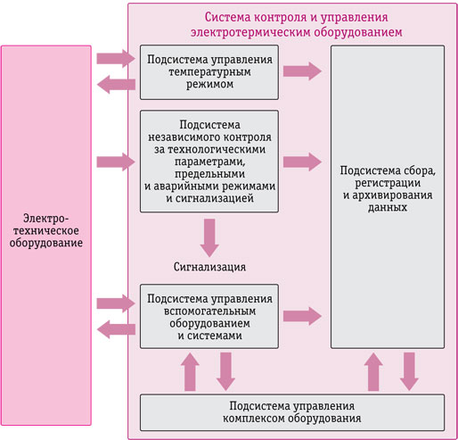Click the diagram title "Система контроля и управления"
[296, 17]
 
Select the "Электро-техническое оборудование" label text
[46, 230]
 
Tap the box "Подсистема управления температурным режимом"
[209, 72]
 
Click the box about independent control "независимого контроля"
[209, 162]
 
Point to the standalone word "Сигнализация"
[209, 267]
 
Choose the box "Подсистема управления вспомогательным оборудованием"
[209, 316]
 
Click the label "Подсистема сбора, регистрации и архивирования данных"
[388, 188]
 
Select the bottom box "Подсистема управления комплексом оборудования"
[292, 412]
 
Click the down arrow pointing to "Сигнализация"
[209, 237]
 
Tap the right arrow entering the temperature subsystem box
[116, 59]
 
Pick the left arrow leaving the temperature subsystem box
[116, 85]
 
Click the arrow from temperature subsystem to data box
[302, 71]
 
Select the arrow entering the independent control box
[116, 162]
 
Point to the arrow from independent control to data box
[302, 162]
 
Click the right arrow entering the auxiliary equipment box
[116, 303]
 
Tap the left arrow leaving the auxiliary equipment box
[116, 329]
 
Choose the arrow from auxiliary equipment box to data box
[302, 316]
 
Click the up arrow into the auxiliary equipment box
[190, 372]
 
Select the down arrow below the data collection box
[409, 371]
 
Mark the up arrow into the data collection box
[373, 372]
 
